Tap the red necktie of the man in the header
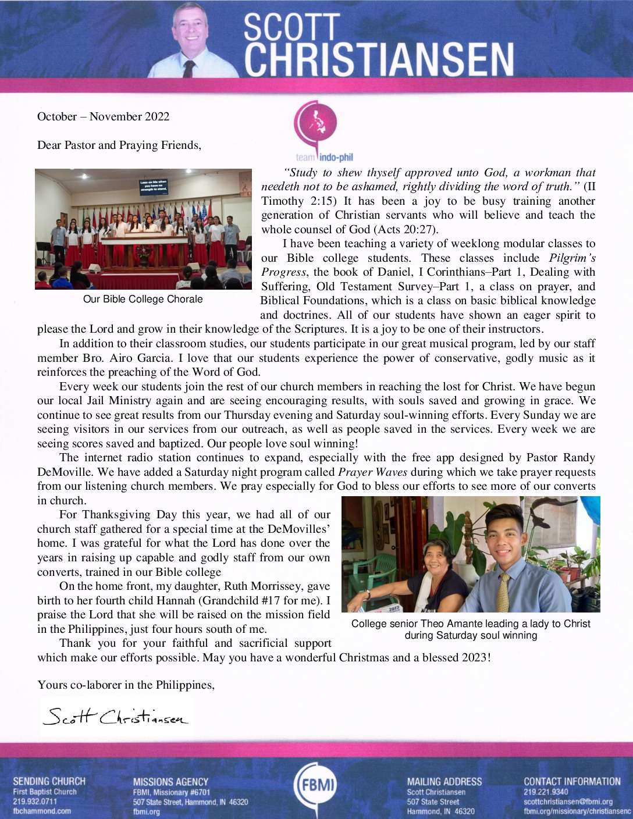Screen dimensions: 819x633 (x=189, y=69)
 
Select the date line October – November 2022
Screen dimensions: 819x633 (x=103, y=116)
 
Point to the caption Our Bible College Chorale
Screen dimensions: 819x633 (x=143, y=299)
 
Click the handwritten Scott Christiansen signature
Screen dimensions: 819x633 (x=116, y=716)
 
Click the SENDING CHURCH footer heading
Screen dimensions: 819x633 (x=49, y=781)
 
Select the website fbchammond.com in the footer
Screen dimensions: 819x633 (x=42, y=811)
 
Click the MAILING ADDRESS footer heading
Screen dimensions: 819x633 (x=444, y=782)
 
